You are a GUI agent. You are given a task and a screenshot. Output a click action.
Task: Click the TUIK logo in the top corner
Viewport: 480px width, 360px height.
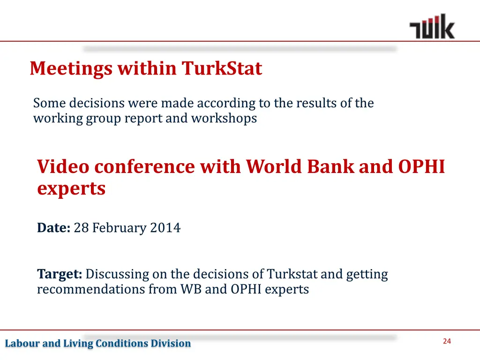click(x=432, y=27)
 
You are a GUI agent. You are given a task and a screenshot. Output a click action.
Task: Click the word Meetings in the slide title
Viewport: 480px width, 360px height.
click(x=71, y=69)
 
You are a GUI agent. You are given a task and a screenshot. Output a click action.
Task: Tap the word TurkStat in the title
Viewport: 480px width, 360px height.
click(x=222, y=69)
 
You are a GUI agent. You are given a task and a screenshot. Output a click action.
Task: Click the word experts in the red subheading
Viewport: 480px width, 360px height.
click(x=71, y=189)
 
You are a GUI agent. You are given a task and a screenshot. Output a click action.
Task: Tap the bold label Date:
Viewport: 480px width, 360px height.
click(x=53, y=228)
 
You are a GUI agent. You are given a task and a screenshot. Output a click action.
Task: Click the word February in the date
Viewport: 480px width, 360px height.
click(x=120, y=228)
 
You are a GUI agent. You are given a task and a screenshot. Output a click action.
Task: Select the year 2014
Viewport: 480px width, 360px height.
click(x=165, y=228)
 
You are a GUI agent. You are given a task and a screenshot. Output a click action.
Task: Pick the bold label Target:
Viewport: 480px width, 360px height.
click(x=60, y=274)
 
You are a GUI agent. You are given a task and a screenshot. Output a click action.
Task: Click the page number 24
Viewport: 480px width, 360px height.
click(x=446, y=341)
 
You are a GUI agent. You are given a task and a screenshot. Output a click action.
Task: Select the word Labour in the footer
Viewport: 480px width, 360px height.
click(x=22, y=344)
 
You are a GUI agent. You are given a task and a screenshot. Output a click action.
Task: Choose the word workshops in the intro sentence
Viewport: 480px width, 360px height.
click(x=224, y=118)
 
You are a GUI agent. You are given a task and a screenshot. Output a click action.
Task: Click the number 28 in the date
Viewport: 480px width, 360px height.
click(x=81, y=228)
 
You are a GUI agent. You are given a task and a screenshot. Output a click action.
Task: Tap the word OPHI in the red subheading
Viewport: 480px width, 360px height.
click(x=421, y=167)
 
